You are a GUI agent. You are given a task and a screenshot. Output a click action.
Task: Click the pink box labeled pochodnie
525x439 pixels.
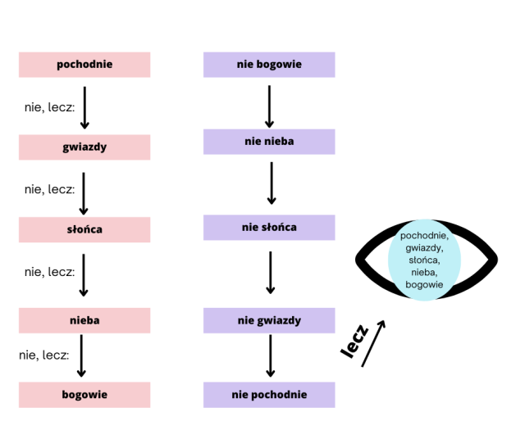click(x=84, y=65)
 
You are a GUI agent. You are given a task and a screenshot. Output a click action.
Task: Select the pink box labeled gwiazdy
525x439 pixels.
click(x=84, y=147)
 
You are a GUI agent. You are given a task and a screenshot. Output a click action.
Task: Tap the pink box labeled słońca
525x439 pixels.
click(x=84, y=229)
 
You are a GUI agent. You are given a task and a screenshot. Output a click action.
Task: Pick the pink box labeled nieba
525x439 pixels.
click(x=84, y=320)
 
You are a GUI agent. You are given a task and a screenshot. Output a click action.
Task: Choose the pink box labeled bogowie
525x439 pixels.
click(x=84, y=395)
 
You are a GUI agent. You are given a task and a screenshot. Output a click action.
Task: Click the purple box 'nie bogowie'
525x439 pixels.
click(x=269, y=65)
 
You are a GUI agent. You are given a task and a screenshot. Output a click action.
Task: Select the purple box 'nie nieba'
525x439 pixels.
click(x=269, y=142)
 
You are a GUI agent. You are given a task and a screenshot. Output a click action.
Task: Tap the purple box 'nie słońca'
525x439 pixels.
click(x=269, y=227)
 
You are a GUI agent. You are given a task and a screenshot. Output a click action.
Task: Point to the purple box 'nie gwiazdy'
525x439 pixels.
click(x=269, y=320)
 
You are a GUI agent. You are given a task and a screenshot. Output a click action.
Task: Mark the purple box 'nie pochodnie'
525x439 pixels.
click(x=269, y=395)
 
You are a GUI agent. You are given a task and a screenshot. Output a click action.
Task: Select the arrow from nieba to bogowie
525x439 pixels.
click(x=81, y=357)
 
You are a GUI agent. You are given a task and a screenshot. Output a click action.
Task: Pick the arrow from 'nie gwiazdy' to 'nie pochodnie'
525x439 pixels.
click(x=270, y=357)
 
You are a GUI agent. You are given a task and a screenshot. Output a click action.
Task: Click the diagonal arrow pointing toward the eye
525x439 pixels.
click(x=372, y=344)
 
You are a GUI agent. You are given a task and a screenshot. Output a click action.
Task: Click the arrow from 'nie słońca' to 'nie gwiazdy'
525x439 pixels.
click(x=270, y=273)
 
